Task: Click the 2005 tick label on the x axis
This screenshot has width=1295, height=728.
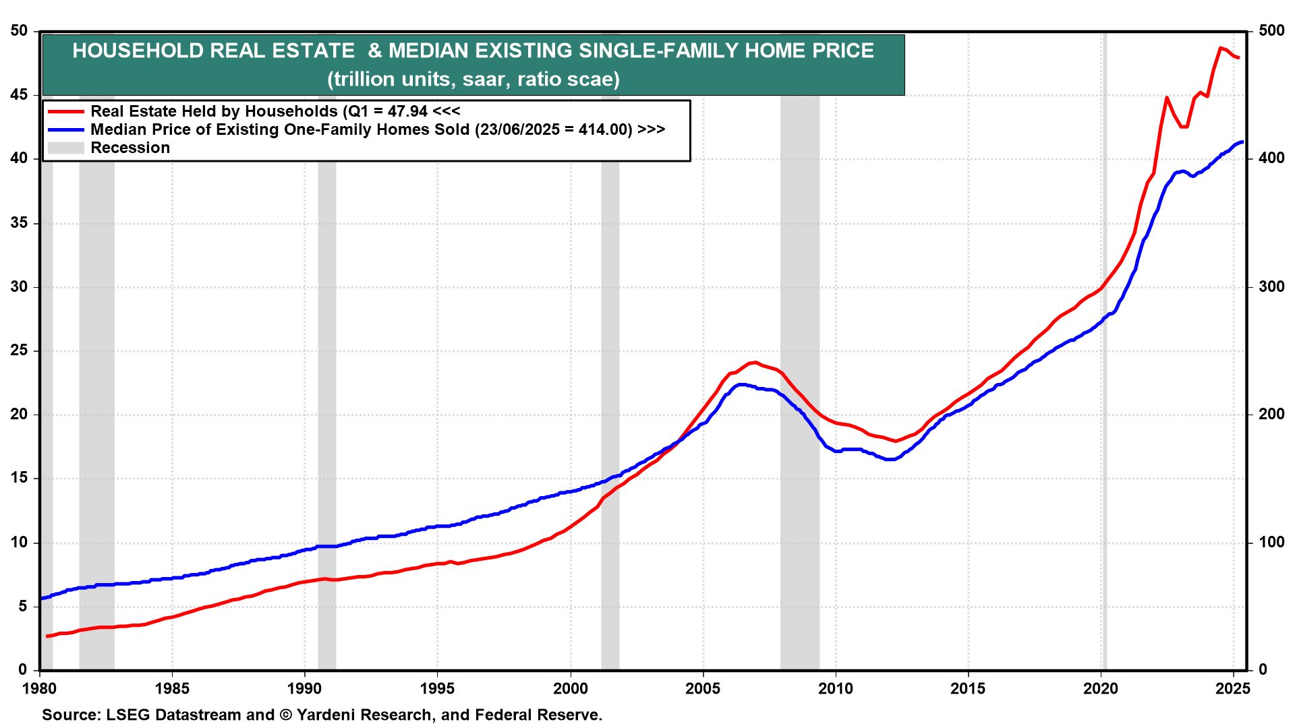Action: [703, 688]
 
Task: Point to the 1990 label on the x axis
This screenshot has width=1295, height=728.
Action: [304, 688]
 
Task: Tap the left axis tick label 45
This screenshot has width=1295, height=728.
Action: [19, 95]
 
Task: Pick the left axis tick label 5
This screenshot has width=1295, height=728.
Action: [23, 606]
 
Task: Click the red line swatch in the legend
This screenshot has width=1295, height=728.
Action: [65, 111]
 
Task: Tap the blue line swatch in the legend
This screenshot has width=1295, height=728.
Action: [65, 129]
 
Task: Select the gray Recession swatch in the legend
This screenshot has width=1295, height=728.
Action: [65, 148]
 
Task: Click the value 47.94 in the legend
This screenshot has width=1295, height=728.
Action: [407, 111]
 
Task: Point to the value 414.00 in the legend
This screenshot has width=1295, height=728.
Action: [605, 129]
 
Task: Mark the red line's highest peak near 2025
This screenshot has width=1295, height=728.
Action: [1220, 48]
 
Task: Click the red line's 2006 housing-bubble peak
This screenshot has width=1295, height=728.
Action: [755, 363]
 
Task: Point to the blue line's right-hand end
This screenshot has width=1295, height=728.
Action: [1242, 142]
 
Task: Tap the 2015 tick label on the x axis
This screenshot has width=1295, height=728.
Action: [968, 688]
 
